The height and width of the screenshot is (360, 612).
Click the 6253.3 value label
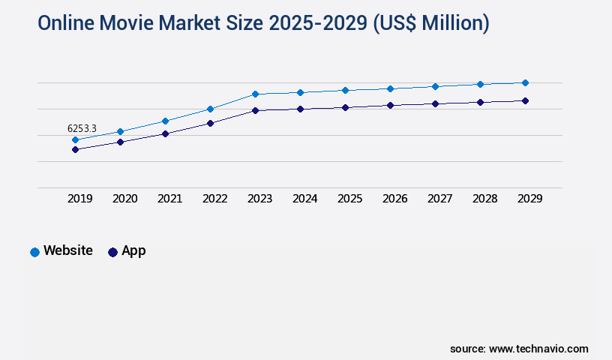click(82, 129)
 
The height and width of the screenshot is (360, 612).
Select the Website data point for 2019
click(76, 140)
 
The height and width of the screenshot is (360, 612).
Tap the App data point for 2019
click(76, 150)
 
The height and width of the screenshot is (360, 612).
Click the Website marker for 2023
click(256, 94)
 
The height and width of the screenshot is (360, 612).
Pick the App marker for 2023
click(256, 111)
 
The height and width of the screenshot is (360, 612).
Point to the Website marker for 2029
click(525, 82)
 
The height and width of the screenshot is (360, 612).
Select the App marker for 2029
click(525, 100)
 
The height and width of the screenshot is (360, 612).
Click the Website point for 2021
click(166, 121)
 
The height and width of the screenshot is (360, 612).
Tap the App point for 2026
click(391, 105)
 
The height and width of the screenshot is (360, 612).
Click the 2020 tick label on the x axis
click(125, 199)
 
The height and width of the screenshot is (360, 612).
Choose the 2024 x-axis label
click(305, 199)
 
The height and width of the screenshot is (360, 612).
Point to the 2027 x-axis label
click(440, 199)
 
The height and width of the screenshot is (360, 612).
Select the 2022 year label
click(215, 199)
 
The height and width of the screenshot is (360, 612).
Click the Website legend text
click(68, 251)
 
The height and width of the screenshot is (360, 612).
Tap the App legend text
click(133, 251)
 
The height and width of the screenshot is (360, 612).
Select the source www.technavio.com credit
click(519, 349)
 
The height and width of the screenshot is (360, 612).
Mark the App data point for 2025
click(346, 107)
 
